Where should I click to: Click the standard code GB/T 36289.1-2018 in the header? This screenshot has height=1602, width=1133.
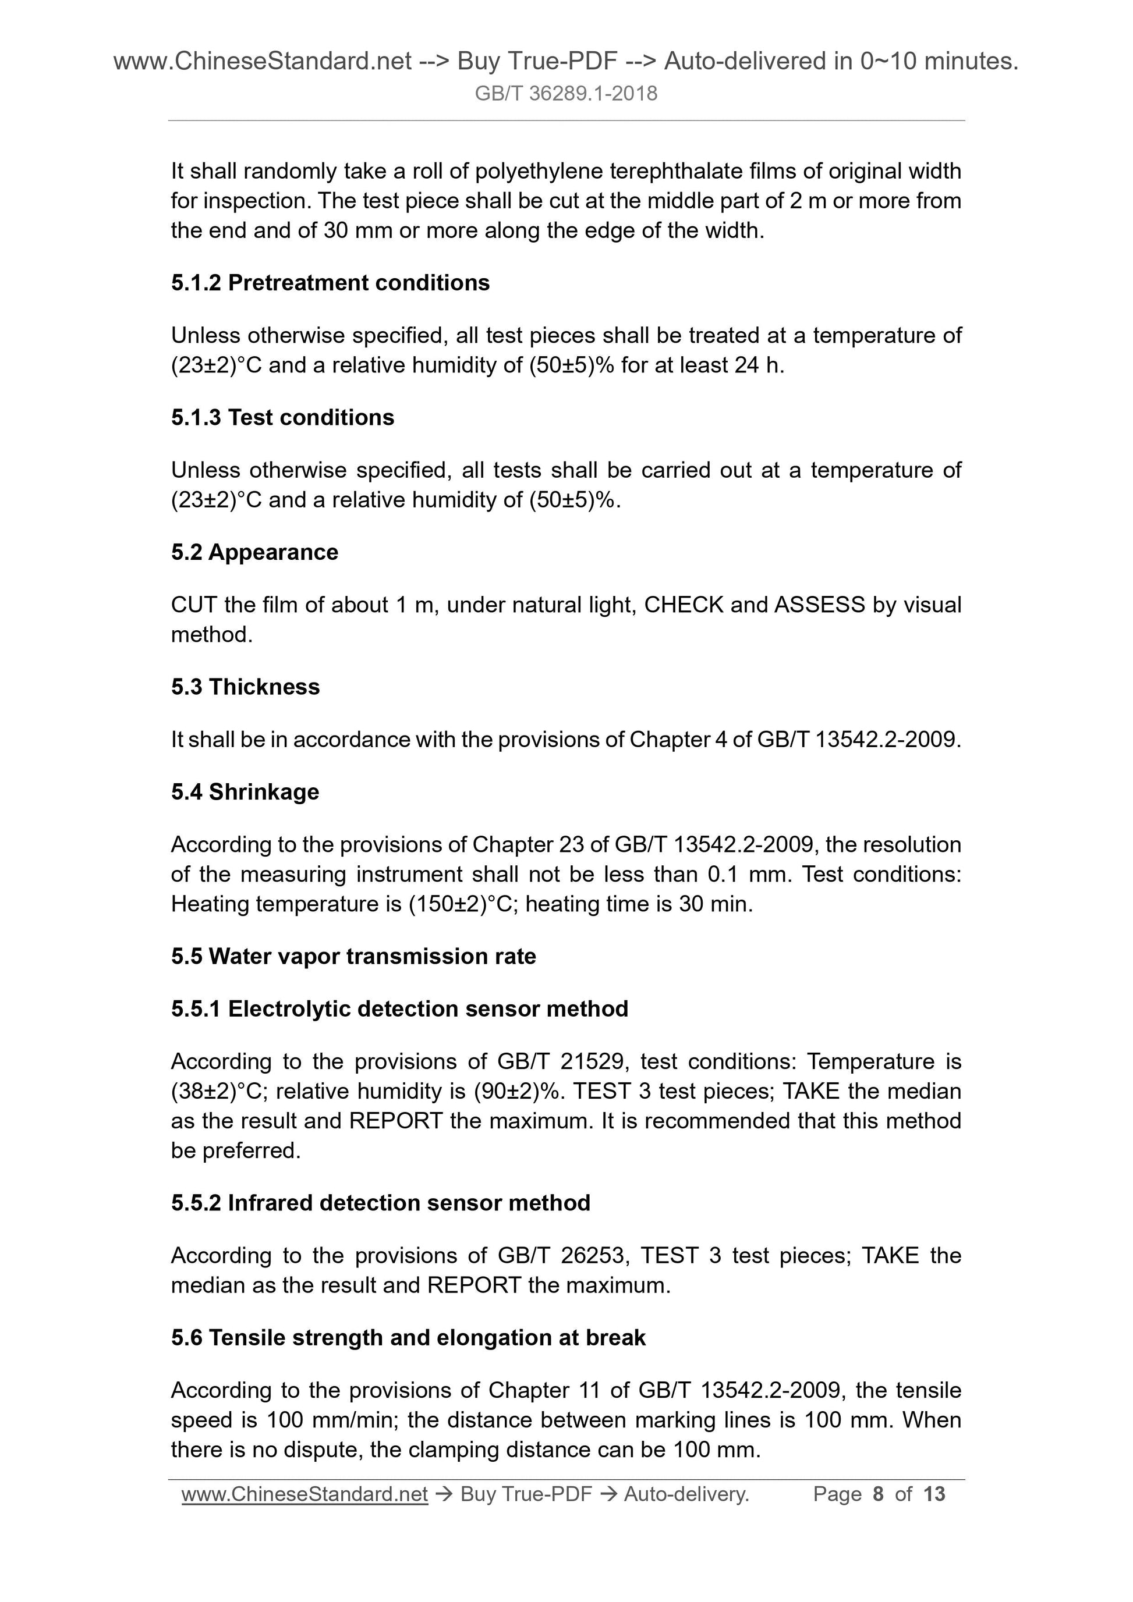565,94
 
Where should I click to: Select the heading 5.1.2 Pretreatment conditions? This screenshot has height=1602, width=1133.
330,283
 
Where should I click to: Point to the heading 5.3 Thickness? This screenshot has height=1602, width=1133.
245,687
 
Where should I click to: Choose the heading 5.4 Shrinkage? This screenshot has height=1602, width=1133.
245,792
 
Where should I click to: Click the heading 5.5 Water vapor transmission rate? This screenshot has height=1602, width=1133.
353,956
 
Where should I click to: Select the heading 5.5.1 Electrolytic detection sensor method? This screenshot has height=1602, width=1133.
399,1008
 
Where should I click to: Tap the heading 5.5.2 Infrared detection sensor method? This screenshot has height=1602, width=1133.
380,1203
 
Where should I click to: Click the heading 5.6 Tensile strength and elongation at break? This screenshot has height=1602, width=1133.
408,1338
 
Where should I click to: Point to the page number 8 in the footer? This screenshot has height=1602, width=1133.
877,1494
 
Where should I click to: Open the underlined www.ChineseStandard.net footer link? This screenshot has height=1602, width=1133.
305,1494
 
